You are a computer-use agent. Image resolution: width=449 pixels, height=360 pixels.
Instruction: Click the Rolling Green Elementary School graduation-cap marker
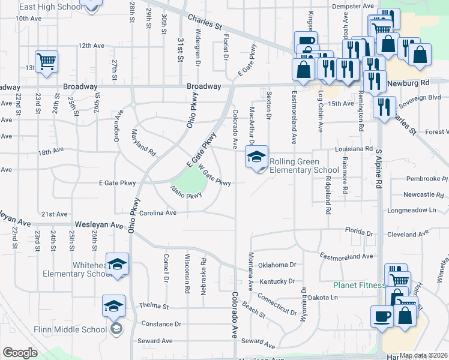[256, 157]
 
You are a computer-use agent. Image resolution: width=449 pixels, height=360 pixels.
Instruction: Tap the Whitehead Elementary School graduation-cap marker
[118, 263]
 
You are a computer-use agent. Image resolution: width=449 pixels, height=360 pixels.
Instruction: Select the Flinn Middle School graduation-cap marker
[113, 305]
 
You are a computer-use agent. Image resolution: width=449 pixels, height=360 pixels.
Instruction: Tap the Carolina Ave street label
[158, 212]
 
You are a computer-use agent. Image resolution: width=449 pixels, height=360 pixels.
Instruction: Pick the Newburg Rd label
[409, 82]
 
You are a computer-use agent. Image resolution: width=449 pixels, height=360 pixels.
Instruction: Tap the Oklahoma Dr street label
[277, 265]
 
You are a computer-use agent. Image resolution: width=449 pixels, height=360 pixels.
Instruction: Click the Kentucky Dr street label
[277, 281]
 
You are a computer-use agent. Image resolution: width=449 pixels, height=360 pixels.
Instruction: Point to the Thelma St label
[155, 306]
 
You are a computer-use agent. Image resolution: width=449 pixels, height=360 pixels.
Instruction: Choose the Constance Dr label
[161, 324]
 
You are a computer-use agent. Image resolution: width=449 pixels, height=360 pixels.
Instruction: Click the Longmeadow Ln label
[411, 211]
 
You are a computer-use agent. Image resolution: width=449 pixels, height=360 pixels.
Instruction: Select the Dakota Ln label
[324, 297]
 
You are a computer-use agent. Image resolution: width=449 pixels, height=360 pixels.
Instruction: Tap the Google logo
[20, 353]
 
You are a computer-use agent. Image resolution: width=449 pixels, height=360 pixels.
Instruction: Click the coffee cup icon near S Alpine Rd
[382, 316]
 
